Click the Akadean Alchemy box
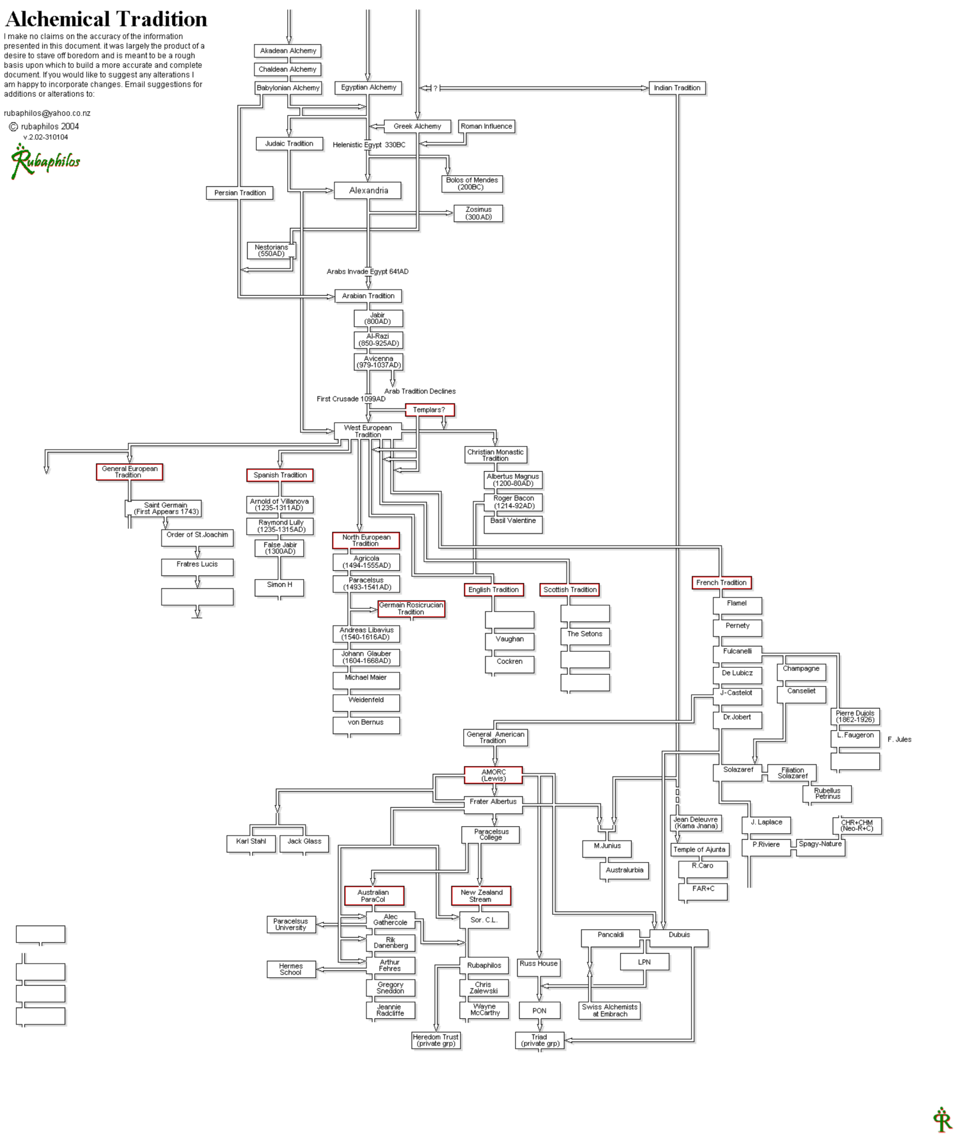288,51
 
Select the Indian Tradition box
677,88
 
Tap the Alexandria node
368,191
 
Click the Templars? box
429,410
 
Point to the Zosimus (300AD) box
478,213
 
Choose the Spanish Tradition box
280,475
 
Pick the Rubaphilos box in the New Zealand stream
484,965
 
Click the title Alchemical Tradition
106,19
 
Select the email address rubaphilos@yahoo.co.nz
48,113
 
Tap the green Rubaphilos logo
45,161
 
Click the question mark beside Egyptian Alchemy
436,88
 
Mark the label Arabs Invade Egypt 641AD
368,271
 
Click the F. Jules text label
900,739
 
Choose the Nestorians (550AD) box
272,250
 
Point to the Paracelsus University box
291,924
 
